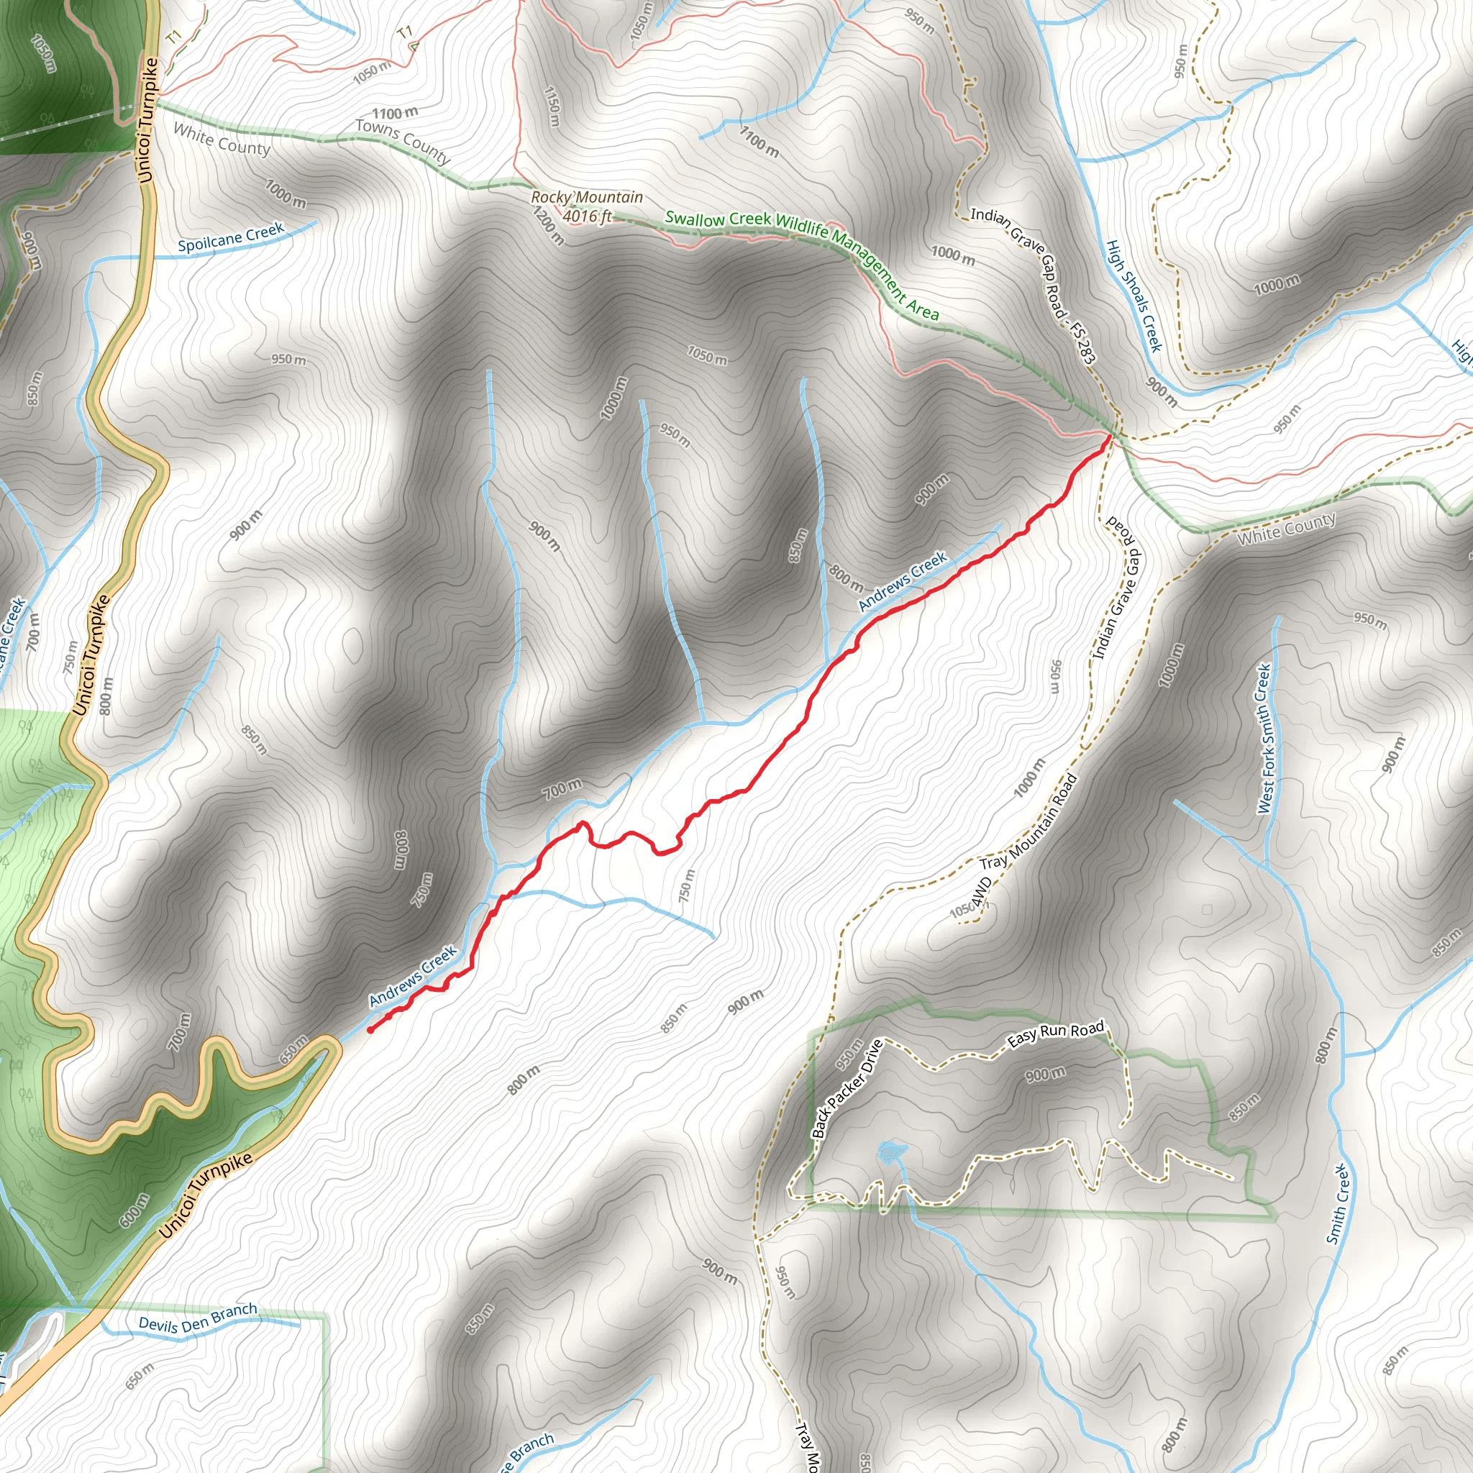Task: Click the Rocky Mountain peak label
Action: click(x=586, y=198)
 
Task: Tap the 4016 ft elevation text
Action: click(x=587, y=216)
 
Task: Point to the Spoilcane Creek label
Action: click(x=230, y=238)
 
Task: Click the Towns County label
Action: click(x=403, y=141)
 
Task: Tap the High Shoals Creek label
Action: click(x=1134, y=296)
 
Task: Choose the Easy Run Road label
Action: click(x=1055, y=1034)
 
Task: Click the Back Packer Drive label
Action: click(x=847, y=1089)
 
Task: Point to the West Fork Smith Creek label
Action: click(x=1264, y=738)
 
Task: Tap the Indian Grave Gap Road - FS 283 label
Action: click(x=1033, y=284)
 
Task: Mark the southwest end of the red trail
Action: click(x=370, y=1030)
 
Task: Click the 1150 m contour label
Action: click(x=552, y=106)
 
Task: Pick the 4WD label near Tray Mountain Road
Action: click(x=981, y=890)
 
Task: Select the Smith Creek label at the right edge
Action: click(x=1338, y=1204)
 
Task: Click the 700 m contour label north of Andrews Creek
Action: click(x=562, y=788)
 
